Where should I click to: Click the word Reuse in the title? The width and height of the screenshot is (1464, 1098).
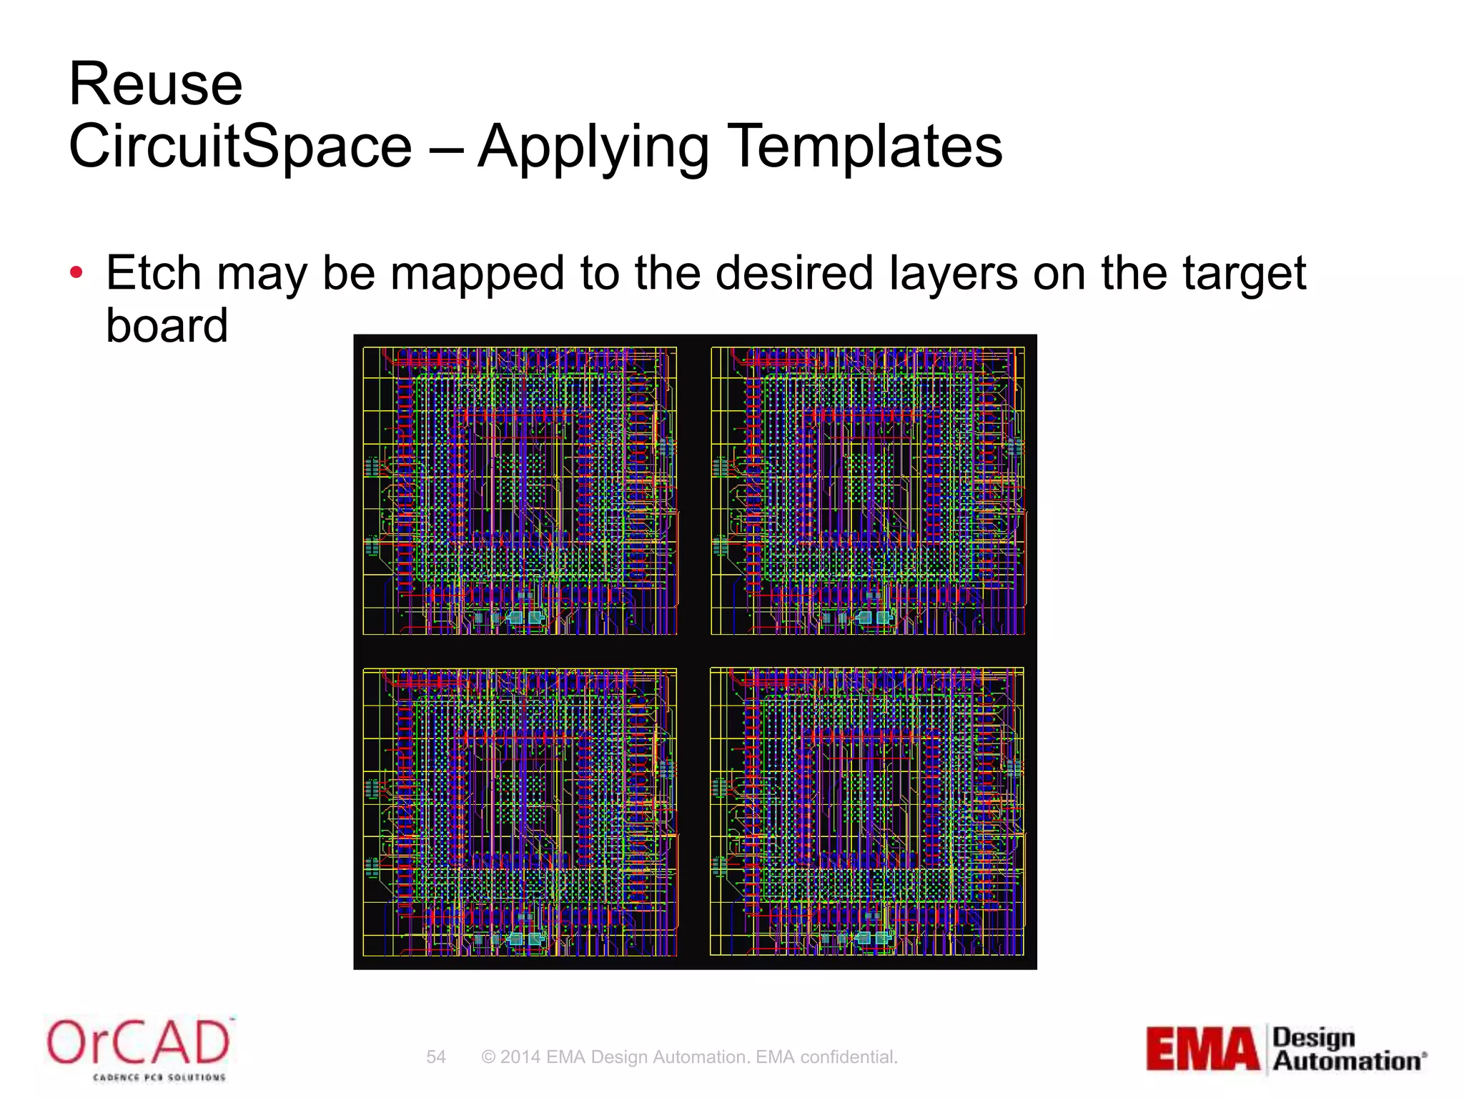(156, 84)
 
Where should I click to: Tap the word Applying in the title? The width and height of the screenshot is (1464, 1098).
(593, 147)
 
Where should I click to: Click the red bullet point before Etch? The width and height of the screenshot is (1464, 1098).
(76, 273)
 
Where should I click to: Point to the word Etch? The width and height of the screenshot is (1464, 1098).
(154, 273)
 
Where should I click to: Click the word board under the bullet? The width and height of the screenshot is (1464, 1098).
(167, 326)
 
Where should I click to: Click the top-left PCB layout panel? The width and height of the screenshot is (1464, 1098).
(520, 491)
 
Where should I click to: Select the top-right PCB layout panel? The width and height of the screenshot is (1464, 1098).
(868, 491)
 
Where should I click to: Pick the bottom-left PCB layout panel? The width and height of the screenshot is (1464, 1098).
(520, 812)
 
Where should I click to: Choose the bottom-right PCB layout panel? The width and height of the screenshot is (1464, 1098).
(867, 812)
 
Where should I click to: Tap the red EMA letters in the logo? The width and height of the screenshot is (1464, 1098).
(1202, 1049)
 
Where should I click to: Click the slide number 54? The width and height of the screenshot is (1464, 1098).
(436, 1057)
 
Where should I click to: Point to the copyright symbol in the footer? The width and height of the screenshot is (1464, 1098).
(488, 1057)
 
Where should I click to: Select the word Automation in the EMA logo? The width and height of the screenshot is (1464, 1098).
(1347, 1062)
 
